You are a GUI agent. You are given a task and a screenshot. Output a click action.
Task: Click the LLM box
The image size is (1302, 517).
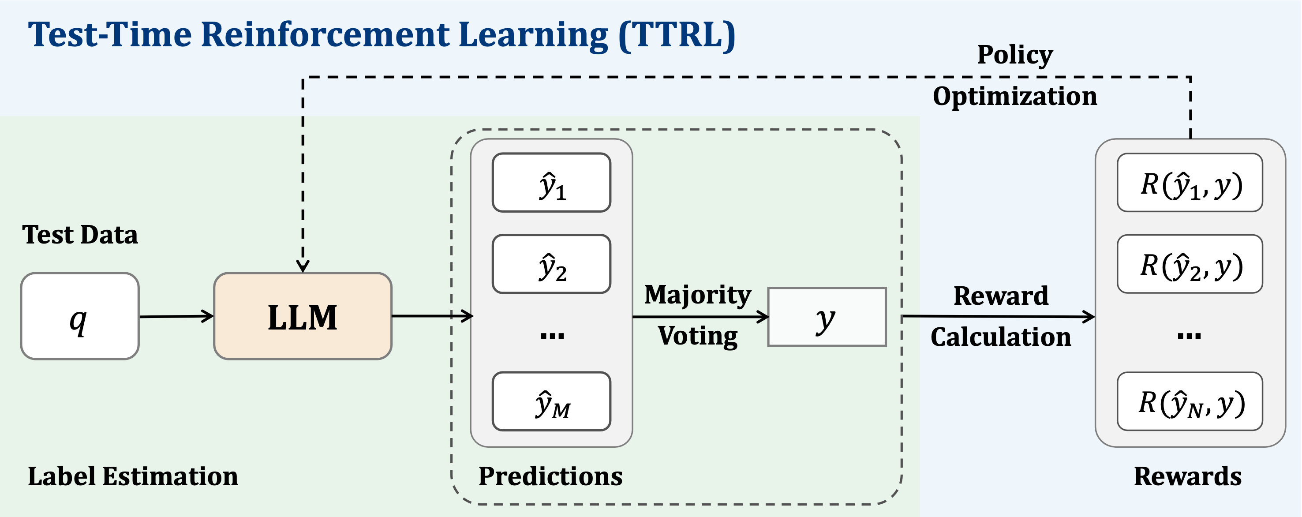[x=302, y=316]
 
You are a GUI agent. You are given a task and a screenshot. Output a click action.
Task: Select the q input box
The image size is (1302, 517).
[x=79, y=316]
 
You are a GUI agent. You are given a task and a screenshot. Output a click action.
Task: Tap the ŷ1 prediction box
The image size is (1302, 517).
[x=551, y=183]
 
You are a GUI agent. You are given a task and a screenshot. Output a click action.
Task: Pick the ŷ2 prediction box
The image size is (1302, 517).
[x=551, y=264]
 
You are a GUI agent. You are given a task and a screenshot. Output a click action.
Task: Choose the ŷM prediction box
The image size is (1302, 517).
[x=551, y=401]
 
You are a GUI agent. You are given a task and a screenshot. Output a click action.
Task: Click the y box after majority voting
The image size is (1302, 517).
[x=827, y=317]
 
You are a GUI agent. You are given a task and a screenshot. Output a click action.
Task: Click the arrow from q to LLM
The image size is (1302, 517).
[x=176, y=316]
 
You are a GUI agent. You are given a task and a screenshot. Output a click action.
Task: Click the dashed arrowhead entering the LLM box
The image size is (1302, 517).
[x=302, y=266]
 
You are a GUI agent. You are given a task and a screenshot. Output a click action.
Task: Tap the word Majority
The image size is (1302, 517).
[x=697, y=295]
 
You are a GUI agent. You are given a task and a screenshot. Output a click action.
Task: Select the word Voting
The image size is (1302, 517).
[x=697, y=336]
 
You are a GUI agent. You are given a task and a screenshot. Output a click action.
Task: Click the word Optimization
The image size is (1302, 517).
[x=1014, y=96]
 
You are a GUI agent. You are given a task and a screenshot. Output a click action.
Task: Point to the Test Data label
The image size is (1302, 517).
[x=80, y=235]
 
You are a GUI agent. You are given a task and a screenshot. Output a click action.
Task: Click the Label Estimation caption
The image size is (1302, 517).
[x=132, y=476]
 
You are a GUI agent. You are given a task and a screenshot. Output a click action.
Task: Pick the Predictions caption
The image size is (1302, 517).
[x=550, y=476]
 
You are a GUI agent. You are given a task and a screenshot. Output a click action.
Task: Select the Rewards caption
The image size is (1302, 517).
[x=1187, y=476]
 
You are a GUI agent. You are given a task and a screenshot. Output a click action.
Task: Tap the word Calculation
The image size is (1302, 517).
[x=1000, y=337]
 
